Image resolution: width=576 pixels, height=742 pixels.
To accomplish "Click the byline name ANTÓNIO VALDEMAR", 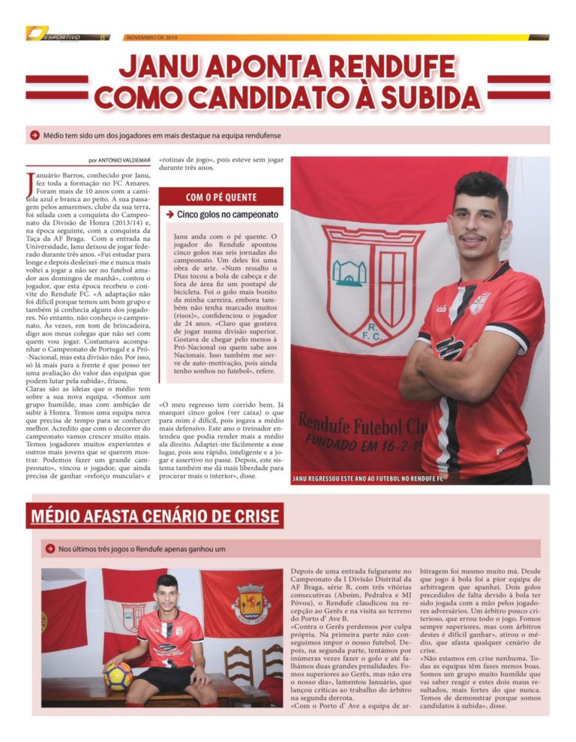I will (x=128, y=160).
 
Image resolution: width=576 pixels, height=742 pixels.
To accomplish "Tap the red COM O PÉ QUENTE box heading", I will (x=221, y=198).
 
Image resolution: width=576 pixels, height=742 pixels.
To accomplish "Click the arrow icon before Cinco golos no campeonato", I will (x=170, y=215).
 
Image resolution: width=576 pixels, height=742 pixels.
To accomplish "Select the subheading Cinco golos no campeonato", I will (x=227, y=215).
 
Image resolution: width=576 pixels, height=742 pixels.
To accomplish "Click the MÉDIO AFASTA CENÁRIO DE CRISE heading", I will (x=154, y=517).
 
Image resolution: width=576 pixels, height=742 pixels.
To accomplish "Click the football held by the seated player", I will (x=118, y=675).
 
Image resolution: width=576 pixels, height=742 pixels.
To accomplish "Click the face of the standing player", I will (x=480, y=224).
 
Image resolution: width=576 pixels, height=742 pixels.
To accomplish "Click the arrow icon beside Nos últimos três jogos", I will (x=50, y=549).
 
